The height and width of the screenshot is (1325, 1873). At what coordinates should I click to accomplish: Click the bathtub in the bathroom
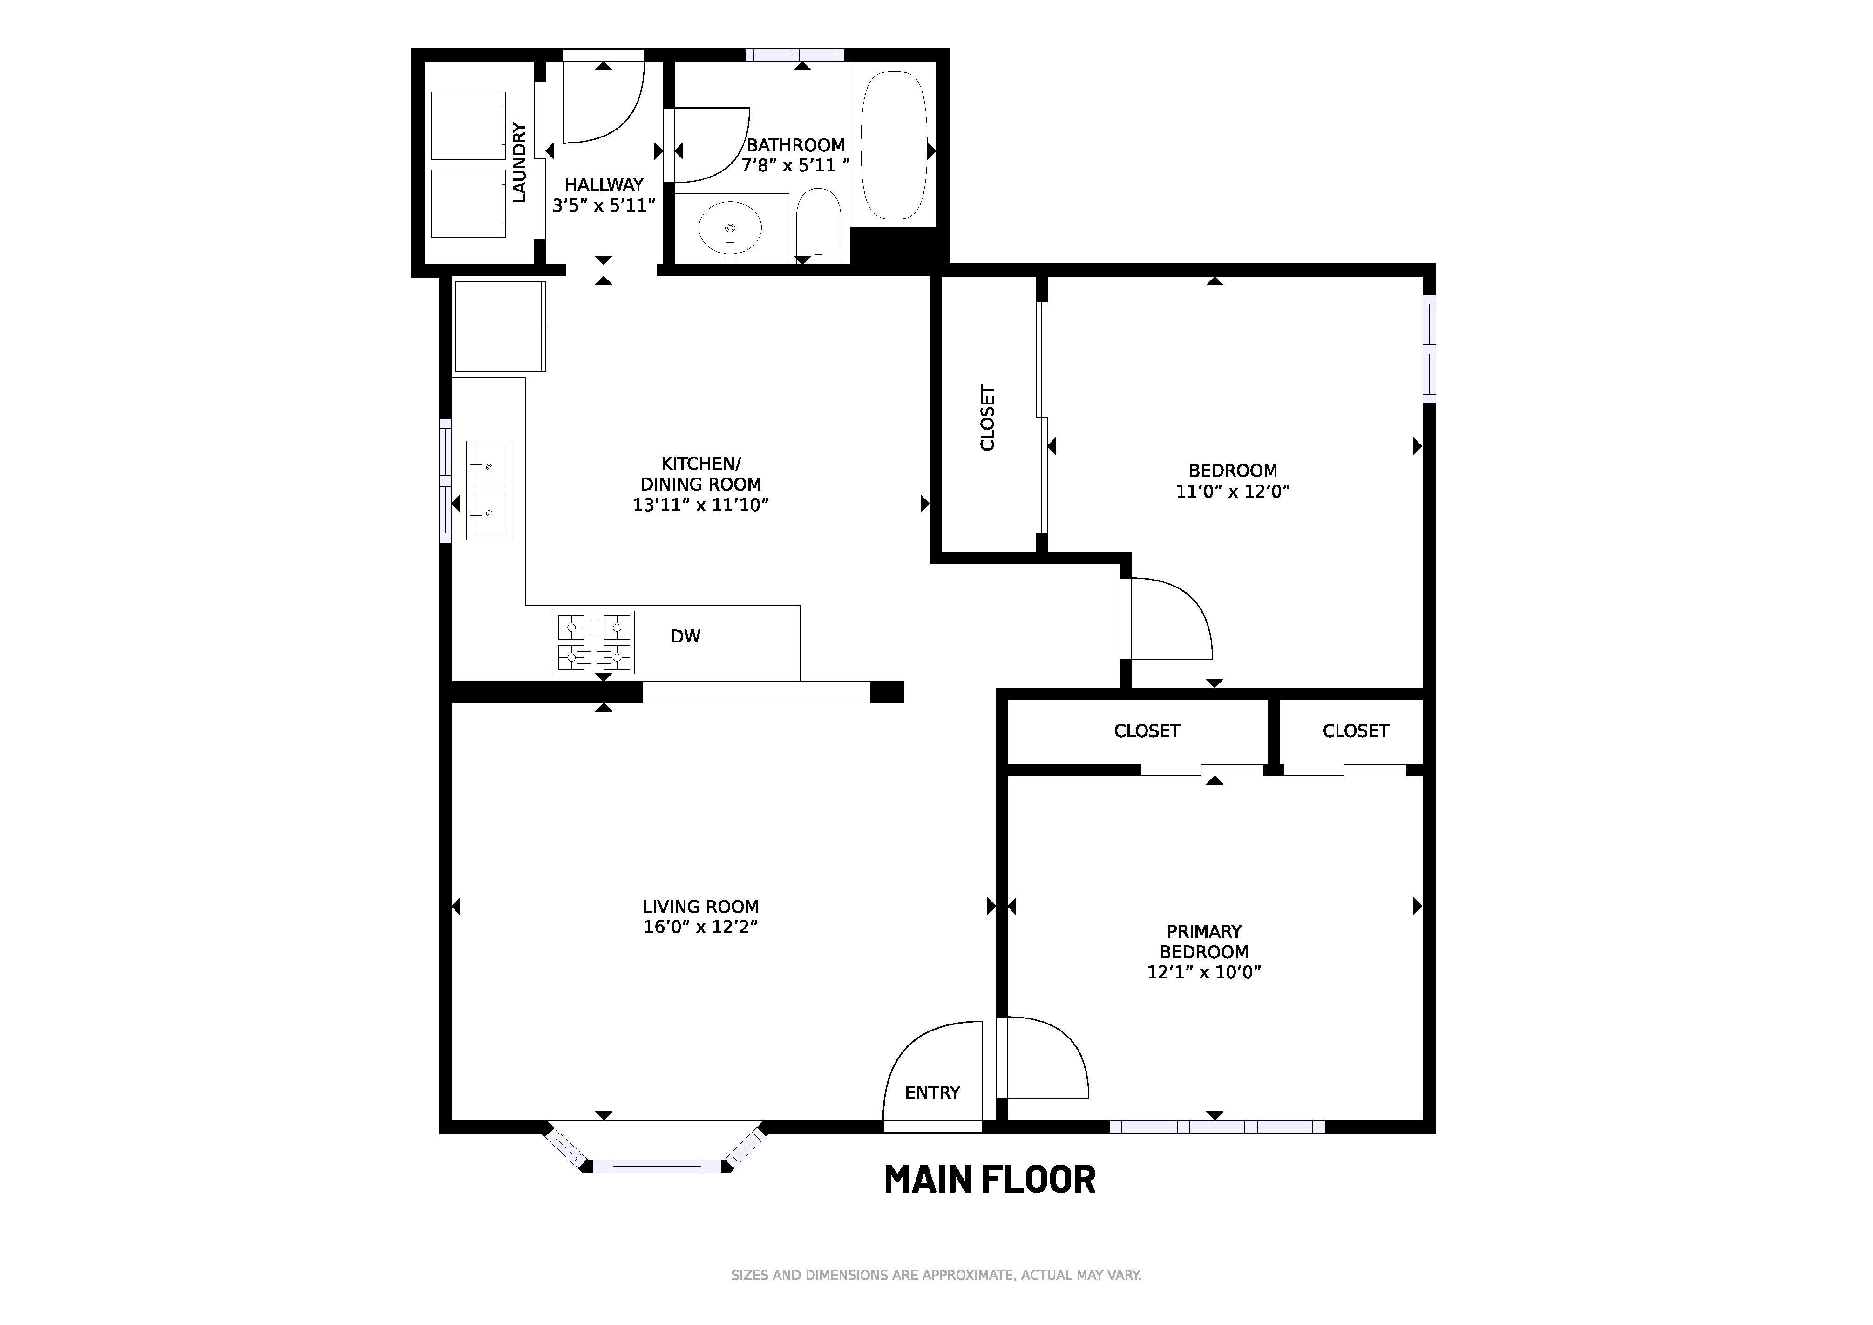[894, 145]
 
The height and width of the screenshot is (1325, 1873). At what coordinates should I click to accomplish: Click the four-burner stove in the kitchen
[594, 642]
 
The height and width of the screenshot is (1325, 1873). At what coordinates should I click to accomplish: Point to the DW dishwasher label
[685, 636]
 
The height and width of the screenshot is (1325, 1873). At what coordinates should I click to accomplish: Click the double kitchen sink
[489, 490]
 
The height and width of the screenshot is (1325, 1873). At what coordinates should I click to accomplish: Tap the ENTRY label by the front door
[932, 1093]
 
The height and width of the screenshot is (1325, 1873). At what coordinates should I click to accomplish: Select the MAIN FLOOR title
[990, 1180]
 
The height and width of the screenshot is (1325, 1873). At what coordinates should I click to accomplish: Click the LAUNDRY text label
[519, 162]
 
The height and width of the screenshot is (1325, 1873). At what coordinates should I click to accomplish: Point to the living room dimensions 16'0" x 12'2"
[701, 927]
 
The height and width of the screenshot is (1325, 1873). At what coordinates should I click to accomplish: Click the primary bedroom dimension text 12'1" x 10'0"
[1204, 972]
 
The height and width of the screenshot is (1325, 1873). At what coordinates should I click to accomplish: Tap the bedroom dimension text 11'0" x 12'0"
[1233, 491]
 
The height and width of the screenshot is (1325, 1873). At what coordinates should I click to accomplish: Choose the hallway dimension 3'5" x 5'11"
[604, 205]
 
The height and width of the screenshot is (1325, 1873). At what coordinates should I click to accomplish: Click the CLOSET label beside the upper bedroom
[987, 418]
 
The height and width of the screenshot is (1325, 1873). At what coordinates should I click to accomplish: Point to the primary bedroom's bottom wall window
[1216, 1127]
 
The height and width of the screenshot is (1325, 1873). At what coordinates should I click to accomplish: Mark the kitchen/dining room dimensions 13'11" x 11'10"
[701, 505]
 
